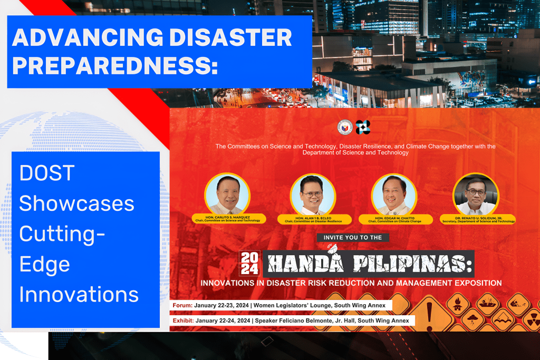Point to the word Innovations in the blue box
pos(79,294)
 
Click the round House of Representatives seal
pos(345,127)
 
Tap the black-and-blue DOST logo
pos(363,127)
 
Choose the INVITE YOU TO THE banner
pos(353,238)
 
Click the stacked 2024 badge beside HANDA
pos(249,263)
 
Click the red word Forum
pos(182,305)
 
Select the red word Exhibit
pos(182,320)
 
